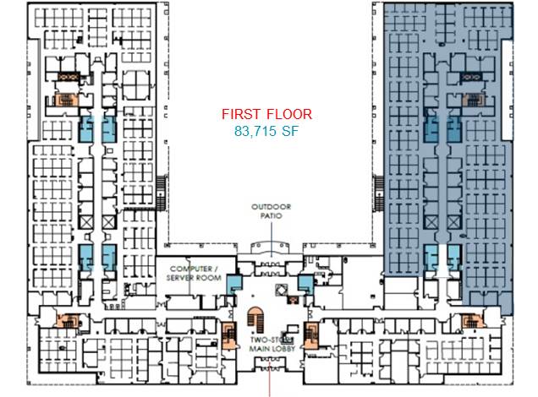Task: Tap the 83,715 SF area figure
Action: [266, 131]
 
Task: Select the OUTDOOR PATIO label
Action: [271, 211]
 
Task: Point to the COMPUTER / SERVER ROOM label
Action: [194, 273]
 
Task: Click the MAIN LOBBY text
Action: [272, 349]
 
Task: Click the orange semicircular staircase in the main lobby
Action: [255, 319]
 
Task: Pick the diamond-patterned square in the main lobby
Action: [282, 290]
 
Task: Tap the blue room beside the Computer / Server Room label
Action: [234, 285]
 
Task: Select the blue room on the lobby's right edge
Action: [305, 285]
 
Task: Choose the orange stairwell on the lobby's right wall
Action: [311, 335]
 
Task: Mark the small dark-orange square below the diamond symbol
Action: [293, 300]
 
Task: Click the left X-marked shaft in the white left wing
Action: [86, 222]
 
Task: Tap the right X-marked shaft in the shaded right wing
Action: [453, 223]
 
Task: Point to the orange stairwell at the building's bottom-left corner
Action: [69, 321]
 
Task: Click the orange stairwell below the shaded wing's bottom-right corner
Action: [472, 321]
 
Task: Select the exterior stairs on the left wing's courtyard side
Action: [162, 193]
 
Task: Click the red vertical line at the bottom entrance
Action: [270, 381]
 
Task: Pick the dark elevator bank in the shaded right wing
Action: [470, 77]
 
